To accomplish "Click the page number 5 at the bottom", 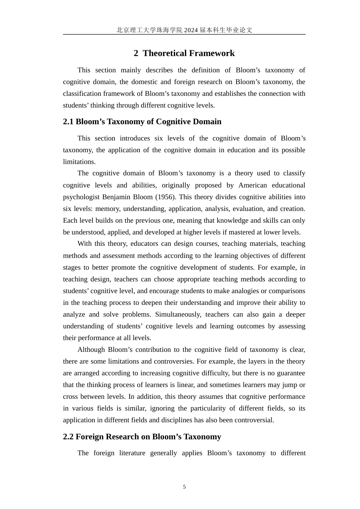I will point(185,487).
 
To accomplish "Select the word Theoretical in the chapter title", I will point(166,53).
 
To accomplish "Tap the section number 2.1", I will point(68,122).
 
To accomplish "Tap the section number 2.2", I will point(68,437).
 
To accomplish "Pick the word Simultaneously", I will point(178,314).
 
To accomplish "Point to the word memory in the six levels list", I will point(107,209).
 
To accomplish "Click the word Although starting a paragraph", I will point(91,350).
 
